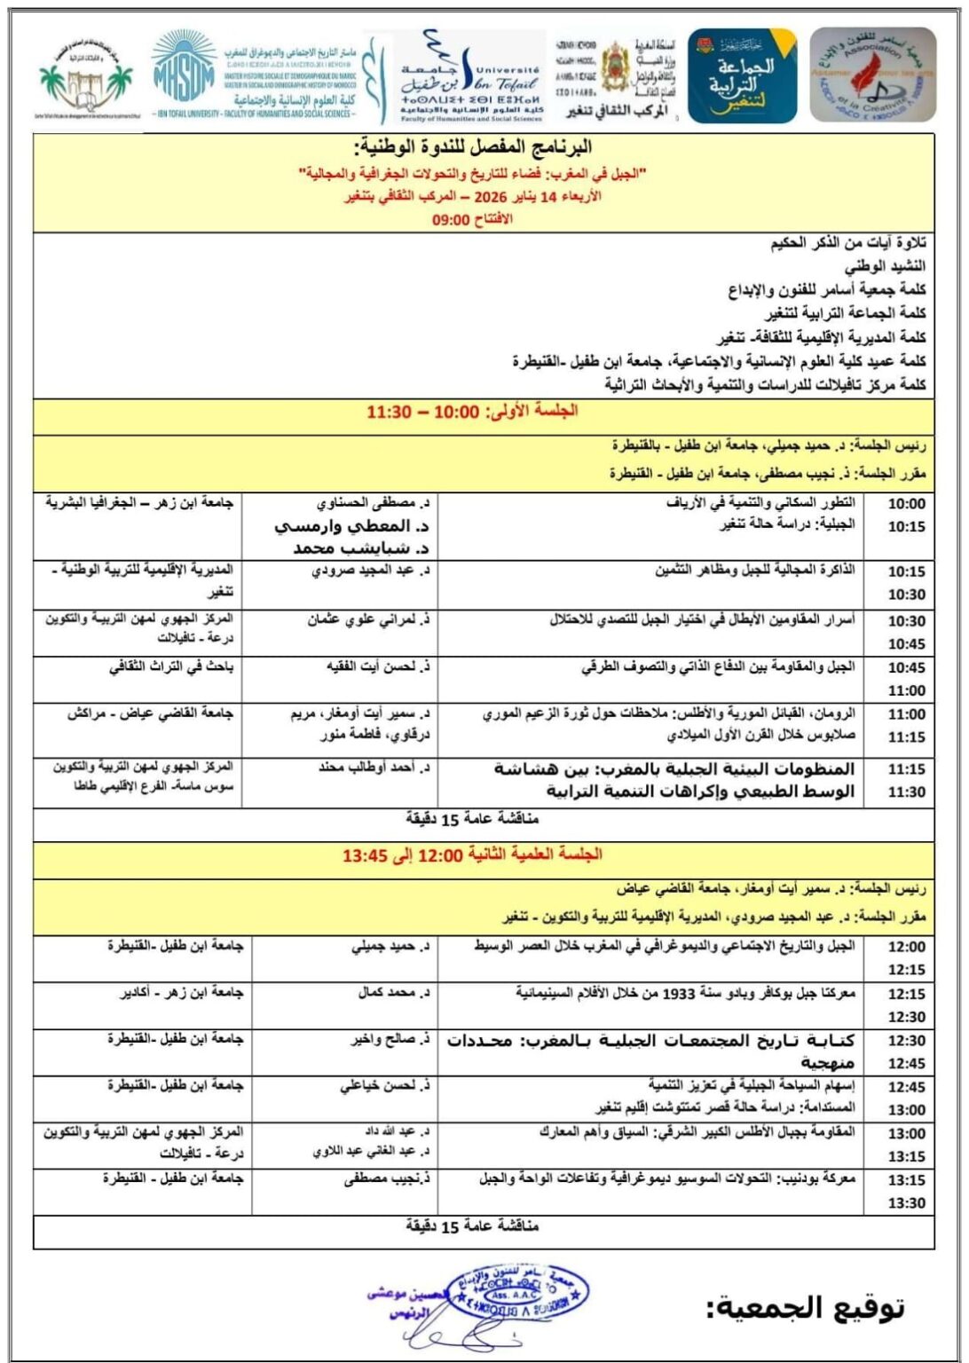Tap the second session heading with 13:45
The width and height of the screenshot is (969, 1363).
click(472, 855)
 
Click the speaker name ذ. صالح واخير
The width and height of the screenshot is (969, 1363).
click(388, 1039)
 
